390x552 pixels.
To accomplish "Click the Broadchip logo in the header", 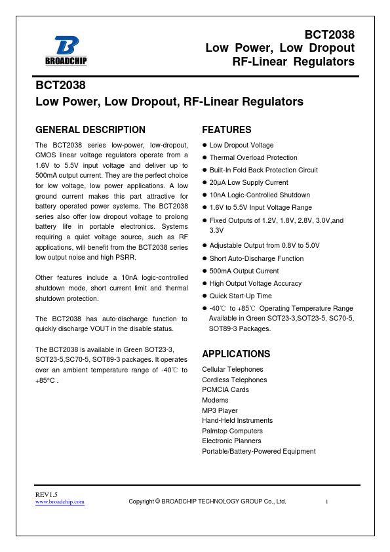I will tap(66, 50).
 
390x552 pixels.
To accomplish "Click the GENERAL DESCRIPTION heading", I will tap(90, 130).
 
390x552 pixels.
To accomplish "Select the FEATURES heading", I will tap(227, 130).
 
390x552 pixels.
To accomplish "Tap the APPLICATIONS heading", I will tap(236, 354).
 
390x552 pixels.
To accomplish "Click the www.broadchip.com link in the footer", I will tap(60, 502).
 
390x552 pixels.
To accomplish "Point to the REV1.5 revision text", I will tap(47, 494).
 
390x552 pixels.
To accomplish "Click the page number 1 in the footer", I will tap(326, 502).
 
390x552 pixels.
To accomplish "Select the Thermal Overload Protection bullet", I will tap(244, 158).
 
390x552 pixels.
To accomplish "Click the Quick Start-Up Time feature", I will tap(240, 296).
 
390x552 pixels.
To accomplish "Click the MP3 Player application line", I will tap(220, 410).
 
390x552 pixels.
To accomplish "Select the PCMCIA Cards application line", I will tap(225, 390).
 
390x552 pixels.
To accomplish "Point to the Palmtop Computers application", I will tap(232, 431).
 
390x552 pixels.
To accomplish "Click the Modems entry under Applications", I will tap(215, 400).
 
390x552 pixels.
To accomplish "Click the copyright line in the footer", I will tap(207, 502).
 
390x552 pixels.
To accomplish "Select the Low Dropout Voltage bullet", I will tap(241, 146).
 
